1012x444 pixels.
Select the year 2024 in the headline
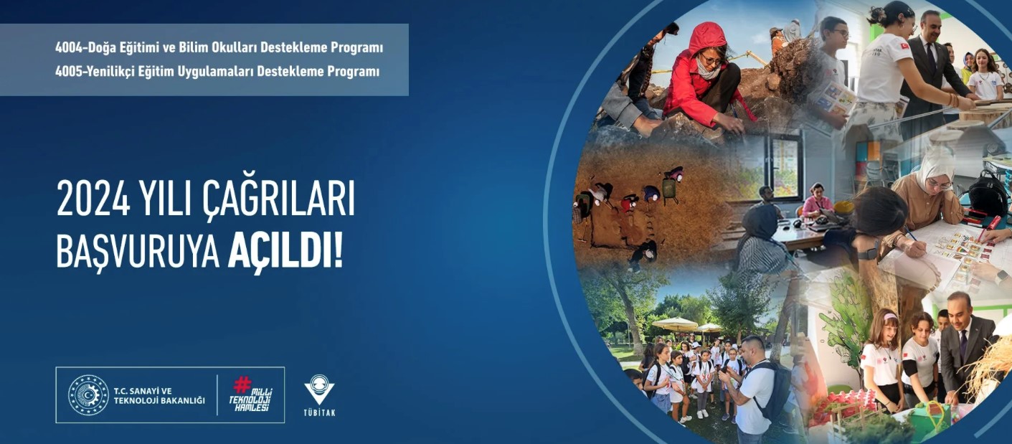pyautogui.click(x=93, y=199)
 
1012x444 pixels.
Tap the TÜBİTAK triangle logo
pyautogui.click(x=319, y=389)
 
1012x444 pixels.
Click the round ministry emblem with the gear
pyautogui.click(x=88, y=395)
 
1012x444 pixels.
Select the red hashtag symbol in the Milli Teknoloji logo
pyautogui.click(x=242, y=384)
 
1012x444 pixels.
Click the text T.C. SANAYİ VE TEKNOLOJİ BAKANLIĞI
pyautogui.click(x=159, y=396)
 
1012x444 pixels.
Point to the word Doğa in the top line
pyautogui.click(x=102, y=48)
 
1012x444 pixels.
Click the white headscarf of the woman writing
pyautogui.click(x=933, y=169)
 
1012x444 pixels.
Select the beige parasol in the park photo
pyautogui.click(x=675, y=323)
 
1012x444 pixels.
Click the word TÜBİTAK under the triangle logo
pyautogui.click(x=319, y=412)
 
